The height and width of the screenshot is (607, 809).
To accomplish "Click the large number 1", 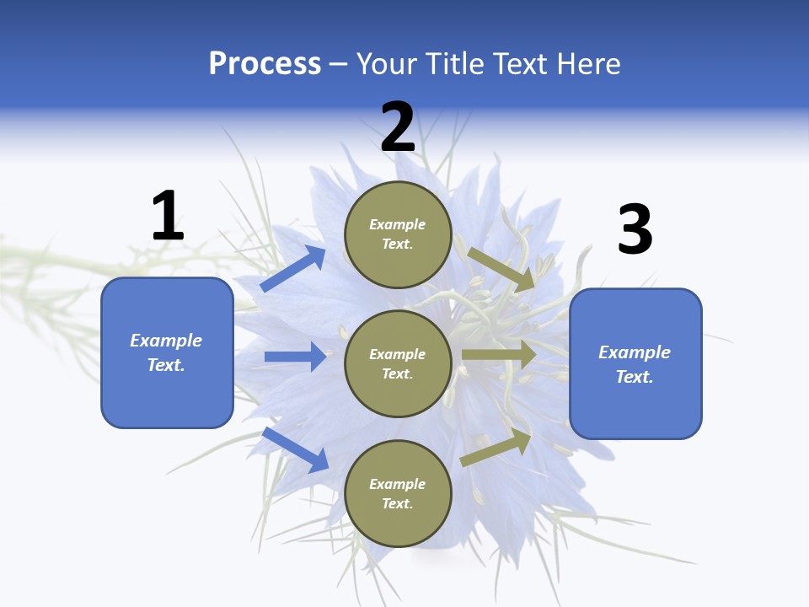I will (168, 216).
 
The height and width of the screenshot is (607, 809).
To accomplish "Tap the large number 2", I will (398, 127).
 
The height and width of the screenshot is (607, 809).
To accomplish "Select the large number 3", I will (635, 229).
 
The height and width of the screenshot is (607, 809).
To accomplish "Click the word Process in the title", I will (265, 63).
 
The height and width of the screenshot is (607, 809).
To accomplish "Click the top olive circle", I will (398, 234).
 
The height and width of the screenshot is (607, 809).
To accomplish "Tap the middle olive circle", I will (398, 363).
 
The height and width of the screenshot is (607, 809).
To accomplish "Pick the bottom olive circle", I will (398, 493).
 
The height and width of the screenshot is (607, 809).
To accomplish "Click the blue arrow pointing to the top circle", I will (293, 268).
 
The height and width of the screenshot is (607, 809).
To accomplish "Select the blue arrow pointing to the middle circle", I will (295, 357).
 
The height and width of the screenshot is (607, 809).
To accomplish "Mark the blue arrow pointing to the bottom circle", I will (296, 449).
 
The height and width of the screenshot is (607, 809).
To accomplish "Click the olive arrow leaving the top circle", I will (501, 269).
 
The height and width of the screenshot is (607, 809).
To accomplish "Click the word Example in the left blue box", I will (166, 341).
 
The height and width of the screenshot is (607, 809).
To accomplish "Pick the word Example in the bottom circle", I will (398, 484).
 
